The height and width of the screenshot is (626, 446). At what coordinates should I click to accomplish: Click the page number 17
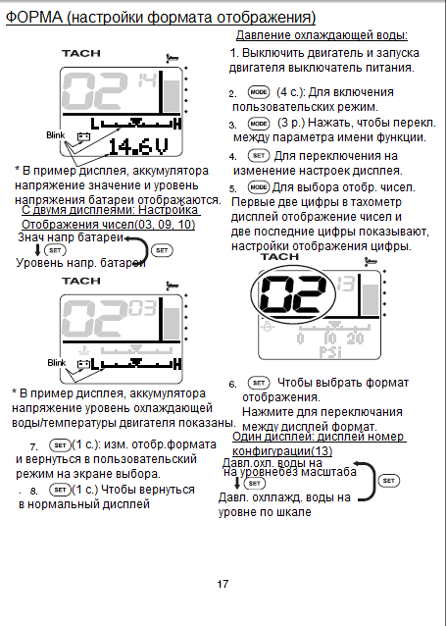tap(223, 584)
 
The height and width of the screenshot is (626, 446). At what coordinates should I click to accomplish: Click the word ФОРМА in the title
tap(34, 17)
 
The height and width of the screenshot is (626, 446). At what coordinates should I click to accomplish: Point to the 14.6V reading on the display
tap(138, 146)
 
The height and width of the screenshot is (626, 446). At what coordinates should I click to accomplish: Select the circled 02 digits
tap(293, 294)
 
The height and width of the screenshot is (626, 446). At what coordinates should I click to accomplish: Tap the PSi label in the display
tap(330, 352)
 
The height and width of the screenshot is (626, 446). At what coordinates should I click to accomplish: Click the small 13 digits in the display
tap(346, 284)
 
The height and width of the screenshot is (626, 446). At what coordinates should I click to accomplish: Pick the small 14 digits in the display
tap(147, 80)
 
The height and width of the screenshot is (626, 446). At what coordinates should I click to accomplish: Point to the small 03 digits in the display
tap(143, 308)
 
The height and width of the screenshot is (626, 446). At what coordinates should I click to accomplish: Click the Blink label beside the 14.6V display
tap(56, 135)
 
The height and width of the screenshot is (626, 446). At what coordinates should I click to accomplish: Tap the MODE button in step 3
tap(259, 124)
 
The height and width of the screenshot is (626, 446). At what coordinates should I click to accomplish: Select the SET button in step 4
tap(259, 155)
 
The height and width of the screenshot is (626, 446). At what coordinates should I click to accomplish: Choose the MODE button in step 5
tap(259, 186)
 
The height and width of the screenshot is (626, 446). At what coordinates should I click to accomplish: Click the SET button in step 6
tap(259, 383)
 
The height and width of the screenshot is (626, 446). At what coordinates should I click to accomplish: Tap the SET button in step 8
tap(60, 490)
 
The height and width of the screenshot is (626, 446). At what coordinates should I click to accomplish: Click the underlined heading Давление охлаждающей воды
tap(322, 35)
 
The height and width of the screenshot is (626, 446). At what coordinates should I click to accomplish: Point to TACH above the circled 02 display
tap(279, 257)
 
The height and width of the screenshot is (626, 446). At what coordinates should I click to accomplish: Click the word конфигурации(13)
tap(282, 451)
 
